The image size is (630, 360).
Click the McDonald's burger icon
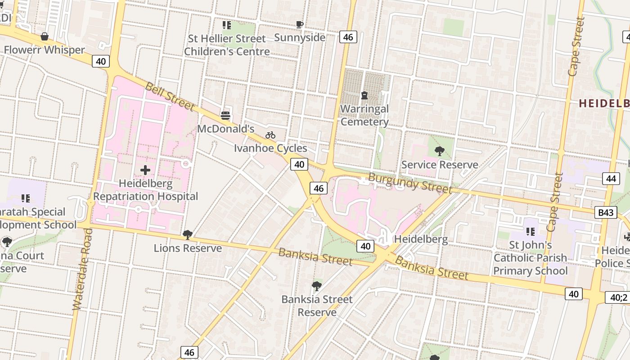[x=225, y=116]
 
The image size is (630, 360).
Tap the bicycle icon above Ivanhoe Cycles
[x=270, y=135]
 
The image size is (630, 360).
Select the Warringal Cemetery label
[x=364, y=115]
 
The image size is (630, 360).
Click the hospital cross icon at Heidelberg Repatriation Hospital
[x=145, y=170]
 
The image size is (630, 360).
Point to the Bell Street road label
[x=170, y=96]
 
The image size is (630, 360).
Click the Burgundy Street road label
[x=409, y=182]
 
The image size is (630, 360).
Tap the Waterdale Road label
[x=82, y=269]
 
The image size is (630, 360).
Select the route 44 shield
[x=611, y=179]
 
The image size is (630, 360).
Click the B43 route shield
[x=605, y=212]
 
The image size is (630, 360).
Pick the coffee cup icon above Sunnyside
[x=300, y=25]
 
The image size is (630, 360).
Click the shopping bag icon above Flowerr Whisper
[x=45, y=36]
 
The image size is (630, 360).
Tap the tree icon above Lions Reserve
[x=188, y=234]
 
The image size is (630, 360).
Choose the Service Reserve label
[x=440, y=165]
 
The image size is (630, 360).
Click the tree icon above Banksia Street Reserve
[x=317, y=286]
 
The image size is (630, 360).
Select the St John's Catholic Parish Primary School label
[x=531, y=258]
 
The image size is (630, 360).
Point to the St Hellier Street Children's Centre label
[x=227, y=45]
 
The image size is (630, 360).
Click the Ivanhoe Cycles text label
[x=270, y=148]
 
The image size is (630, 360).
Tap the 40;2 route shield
[x=619, y=297]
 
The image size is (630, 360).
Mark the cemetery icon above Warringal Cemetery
[x=364, y=95]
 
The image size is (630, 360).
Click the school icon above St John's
[x=531, y=232]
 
